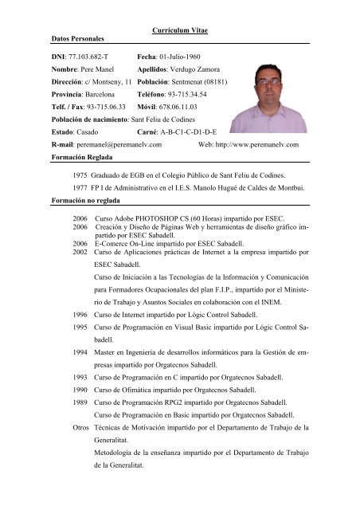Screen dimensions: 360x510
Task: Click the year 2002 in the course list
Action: click(80, 251)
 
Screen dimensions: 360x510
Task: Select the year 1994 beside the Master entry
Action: click(80, 350)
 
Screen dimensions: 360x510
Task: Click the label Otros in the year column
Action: click(80, 428)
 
